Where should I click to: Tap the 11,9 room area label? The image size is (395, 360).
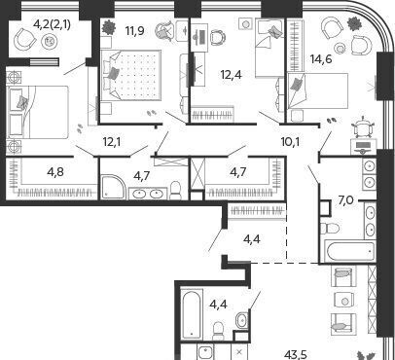point(134,31)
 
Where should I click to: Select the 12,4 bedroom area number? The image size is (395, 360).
point(231,75)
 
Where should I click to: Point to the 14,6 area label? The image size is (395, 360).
point(321,59)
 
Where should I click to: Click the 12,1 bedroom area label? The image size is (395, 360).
point(112,142)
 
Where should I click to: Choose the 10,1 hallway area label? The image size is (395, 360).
point(290,142)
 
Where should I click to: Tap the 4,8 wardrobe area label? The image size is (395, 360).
point(55,172)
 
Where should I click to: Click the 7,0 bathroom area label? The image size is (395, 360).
point(346,201)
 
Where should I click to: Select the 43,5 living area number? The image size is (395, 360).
point(296,354)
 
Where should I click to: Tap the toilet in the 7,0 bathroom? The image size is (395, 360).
point(329,228)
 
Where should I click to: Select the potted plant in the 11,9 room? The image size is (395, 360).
point(109,27)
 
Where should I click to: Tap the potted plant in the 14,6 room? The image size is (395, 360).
point(354,22)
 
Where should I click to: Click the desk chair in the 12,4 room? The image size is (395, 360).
point(218,37)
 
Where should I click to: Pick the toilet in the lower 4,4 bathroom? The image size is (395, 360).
point(219,331)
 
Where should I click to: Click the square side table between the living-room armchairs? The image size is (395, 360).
point(344,302)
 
